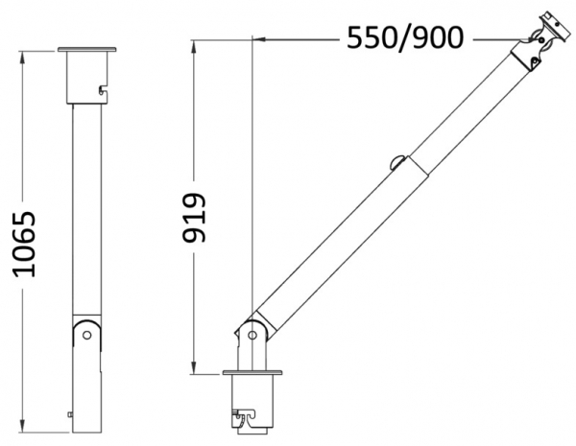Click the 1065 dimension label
(24, 245)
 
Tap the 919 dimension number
(194, 218)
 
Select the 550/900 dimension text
(405, 37)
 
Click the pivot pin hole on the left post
(87, 335)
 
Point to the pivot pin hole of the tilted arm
(252, 335)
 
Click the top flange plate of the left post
(86, 49)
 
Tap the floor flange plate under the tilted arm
(252, 372)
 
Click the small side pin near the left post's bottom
(70, 414)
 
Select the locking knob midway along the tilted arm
(397, 163)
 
